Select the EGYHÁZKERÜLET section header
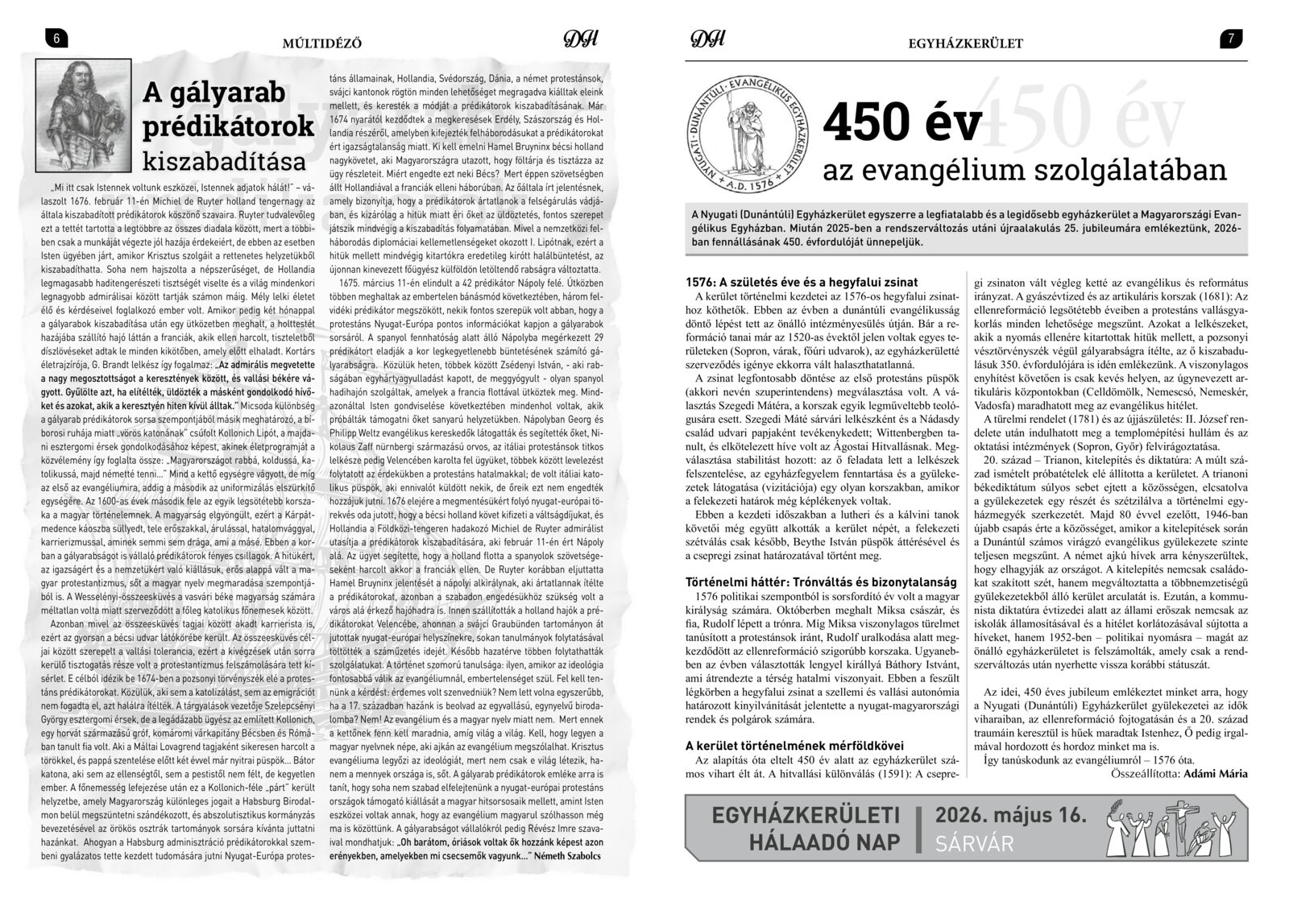[964, 43]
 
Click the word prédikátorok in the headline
[228, 126]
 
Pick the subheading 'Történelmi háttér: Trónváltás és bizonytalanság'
[820, 581]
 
